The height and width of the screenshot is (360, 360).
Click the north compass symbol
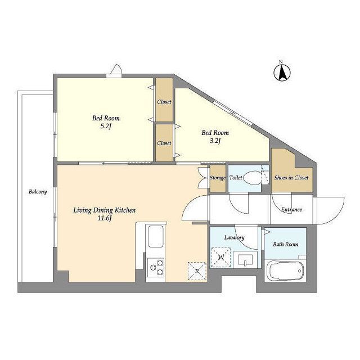click(x=282, y=72)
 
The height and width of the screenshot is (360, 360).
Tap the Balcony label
click(x=38, y=192)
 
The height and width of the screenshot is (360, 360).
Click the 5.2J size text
click(x=106, y=127)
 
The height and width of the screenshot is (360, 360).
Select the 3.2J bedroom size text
click(x=215, y=141)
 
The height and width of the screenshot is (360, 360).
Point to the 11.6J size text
click(x=105, y=218)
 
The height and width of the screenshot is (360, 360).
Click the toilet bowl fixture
click(x=252, y=178)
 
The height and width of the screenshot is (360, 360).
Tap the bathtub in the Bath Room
click(x=285, y=271)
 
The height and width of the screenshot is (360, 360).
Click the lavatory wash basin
click(x=245, y=260)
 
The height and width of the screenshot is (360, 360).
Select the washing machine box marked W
click(x=221, y=258)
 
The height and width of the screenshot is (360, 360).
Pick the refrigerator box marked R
click(x=197, y=271)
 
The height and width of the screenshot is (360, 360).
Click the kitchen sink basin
click(x=156, y=236)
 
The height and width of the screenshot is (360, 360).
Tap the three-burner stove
click(x=156, y=268)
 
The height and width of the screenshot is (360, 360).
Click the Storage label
click(x=218, y=178)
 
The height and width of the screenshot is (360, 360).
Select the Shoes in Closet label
click(x=291, y=178)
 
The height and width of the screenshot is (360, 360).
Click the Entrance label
click(x=291, y=209)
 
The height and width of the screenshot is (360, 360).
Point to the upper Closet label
click(x=164, y=102)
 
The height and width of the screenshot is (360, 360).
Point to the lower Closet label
click(x=164, y=143)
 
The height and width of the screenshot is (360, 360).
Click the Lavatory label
click(x=234, y=237)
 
